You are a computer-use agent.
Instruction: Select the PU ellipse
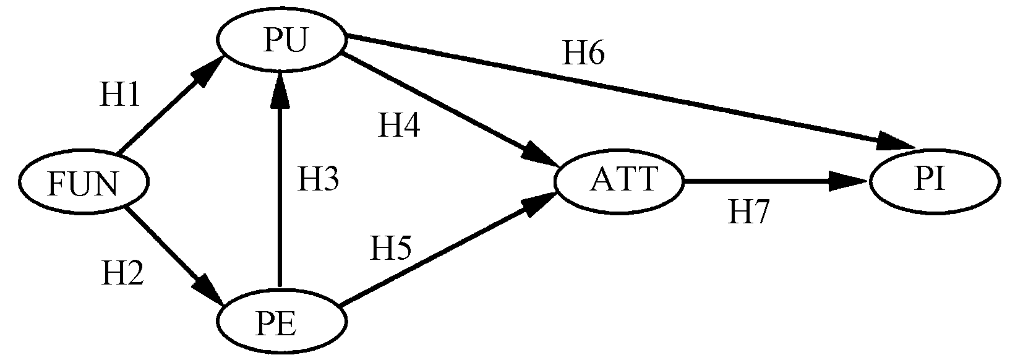click(281, 41)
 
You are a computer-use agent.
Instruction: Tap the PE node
click(281, 323)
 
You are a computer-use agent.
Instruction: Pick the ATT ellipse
click(619, 181)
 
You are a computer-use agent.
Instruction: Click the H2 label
click(122, 273)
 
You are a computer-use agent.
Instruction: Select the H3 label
click(318, 180)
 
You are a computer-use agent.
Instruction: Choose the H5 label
click(390, 248)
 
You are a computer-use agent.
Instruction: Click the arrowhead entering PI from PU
click(894, 141)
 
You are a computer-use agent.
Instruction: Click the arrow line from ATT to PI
click(761, 182)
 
